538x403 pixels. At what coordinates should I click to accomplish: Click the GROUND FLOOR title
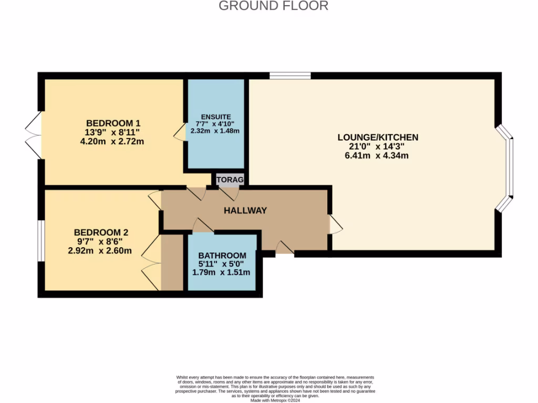(x=273, y=6)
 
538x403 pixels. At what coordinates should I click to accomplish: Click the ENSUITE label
(x=216, y=116)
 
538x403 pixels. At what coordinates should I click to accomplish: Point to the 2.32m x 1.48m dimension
(x=216, y=131)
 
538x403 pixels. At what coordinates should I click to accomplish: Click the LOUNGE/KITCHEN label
(x=378, y=137)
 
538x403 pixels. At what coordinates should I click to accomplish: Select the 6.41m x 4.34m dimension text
(x=378, y=155)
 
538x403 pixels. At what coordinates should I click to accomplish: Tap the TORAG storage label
(x=230, y=180)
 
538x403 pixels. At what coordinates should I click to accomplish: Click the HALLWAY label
(x=245, y=210)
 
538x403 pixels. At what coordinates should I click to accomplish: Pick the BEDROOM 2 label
(x=101, y=232)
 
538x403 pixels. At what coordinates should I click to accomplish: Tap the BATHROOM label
(x=222, y=256)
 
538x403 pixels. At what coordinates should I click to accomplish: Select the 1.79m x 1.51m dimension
(x=222, y=272)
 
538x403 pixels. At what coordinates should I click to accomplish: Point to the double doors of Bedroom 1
(x=33, y=135)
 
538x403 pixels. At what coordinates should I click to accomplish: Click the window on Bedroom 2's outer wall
(x=40, y=240)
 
